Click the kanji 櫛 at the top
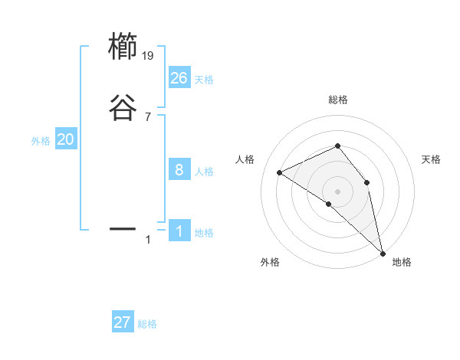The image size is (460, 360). (123, 47)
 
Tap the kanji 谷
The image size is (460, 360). (123, 108)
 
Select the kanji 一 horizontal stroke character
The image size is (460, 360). (123, 227)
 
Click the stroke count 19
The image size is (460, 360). (148, 55)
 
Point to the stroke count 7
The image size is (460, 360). (148, 116)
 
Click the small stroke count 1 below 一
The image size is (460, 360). (148, 240)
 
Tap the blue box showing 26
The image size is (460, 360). (179, 77)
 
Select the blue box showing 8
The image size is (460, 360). (179, 169)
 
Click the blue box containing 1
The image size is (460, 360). (179, 231)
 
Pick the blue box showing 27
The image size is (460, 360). (123, 322)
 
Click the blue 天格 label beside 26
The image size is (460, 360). (204, 80)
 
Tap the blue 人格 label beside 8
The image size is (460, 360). (204, 172)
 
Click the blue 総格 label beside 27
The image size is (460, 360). (147, 325)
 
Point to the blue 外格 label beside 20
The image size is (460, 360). (41, 141)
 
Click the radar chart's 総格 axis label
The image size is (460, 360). (338, 100)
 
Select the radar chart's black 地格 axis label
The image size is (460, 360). (402, 262)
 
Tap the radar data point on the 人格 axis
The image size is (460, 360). (280, 172)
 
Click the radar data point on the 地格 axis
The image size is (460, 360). (383, 252)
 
